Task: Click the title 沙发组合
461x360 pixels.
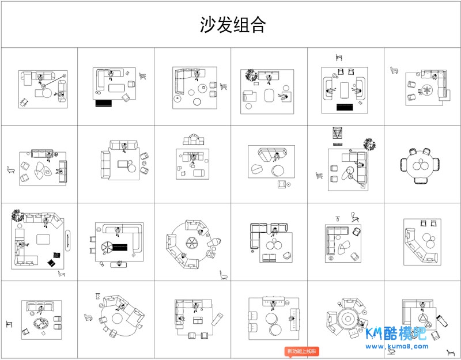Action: pos(233,25)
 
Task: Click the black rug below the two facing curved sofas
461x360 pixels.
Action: pos(345,107)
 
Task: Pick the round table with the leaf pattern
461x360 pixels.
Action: pos(428,90)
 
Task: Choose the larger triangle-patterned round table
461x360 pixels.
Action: pos(423,321)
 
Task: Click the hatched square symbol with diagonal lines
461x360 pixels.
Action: pos(337,133)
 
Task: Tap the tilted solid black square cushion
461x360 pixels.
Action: pos(56,255)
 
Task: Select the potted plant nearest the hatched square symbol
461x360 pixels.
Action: pos(368,144)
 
